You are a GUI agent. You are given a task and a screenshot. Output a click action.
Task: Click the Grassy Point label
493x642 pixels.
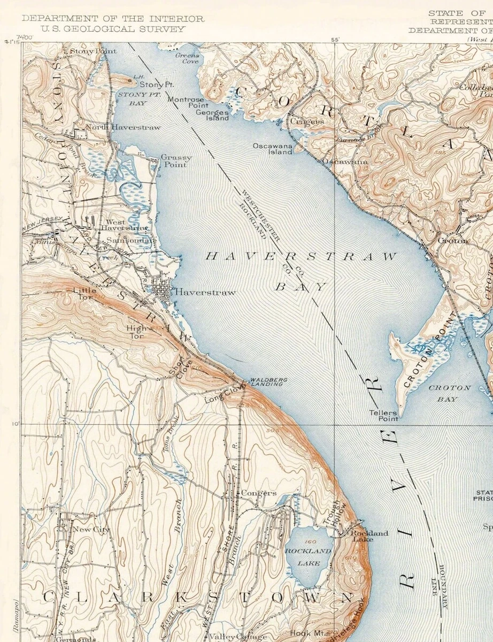click(x=176, y=161)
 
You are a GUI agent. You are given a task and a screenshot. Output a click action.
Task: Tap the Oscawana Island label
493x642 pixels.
click(x=273, y=148)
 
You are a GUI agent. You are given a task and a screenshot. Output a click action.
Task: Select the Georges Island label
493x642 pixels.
click(x=212, y=115)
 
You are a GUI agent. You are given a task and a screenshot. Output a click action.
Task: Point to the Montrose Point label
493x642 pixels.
click(x=186, y=103)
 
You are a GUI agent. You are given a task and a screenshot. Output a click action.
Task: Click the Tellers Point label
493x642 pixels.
click(x=383, y=416)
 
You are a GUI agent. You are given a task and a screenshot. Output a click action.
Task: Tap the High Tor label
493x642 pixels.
click(x=136, y=332)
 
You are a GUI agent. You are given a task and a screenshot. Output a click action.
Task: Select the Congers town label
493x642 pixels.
click(x=259, y=493)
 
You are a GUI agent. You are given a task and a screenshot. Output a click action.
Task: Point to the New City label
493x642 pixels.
click(x=91, y=530)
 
